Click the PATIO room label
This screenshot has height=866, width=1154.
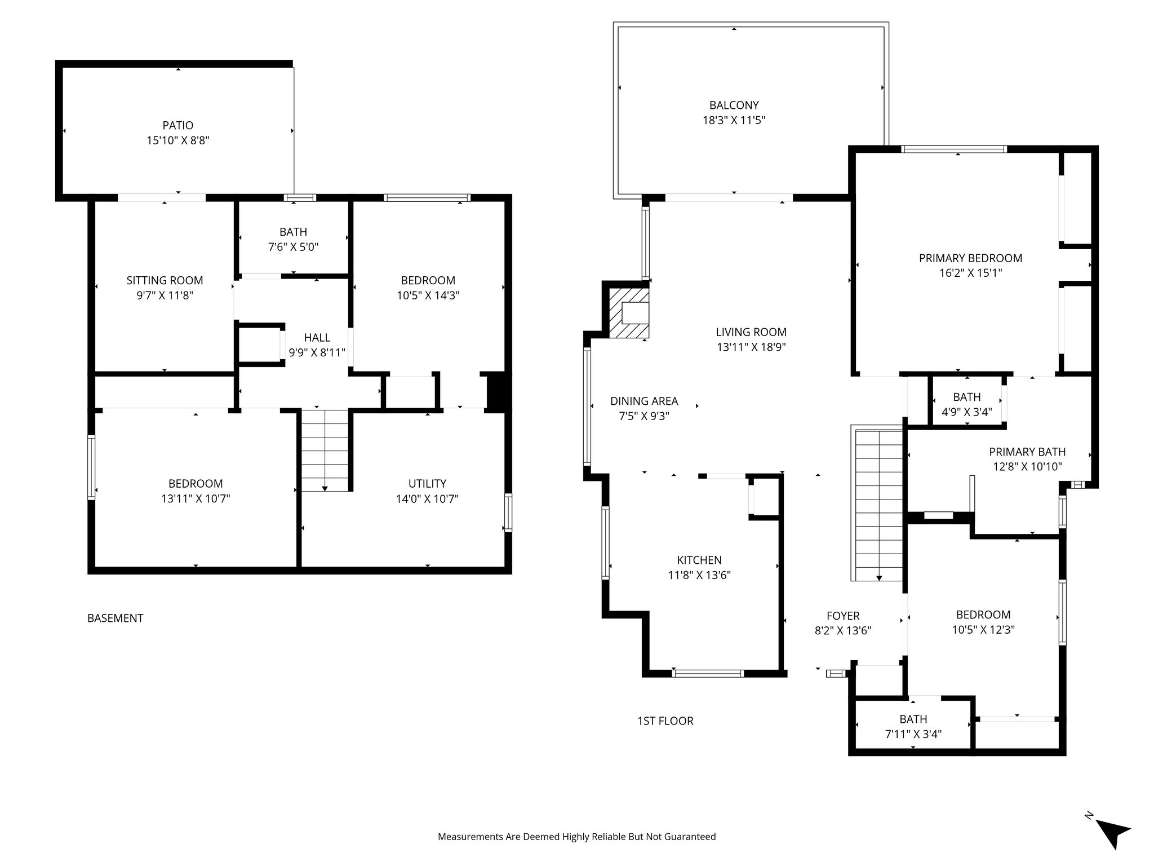pos(177,125)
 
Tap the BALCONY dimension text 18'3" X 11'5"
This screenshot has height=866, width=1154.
pos(734,120)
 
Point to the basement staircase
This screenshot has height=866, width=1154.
pos(325,450)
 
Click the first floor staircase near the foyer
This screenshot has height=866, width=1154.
pos(877,505)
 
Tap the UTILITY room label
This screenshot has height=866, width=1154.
pos(427,483)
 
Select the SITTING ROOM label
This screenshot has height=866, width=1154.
pos(165,280)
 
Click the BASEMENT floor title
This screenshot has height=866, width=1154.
pos(115,618)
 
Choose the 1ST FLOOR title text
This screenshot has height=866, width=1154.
pos(665,721)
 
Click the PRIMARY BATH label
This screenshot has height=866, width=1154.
pos(1027,452)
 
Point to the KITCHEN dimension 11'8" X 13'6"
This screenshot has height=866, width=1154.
pos(699,575)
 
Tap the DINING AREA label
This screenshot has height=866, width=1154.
pos(644,401)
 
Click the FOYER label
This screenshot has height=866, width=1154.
pos(843,616)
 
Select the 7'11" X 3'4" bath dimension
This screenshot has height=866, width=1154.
pos(913,734)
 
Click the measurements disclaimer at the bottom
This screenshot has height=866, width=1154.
pos(576,837)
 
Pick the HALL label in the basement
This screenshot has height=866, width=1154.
pos(317,337)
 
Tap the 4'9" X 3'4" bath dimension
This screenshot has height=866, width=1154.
pos(966,412)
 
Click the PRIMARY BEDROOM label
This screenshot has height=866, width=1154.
pos(970,258)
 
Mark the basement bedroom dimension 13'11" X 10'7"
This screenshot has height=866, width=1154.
pos(196,498)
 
